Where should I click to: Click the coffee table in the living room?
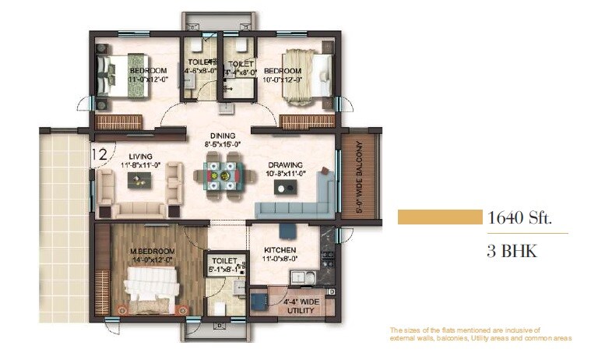[141, 180]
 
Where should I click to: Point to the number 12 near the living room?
[99, 154]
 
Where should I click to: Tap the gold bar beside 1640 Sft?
[439, 217]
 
